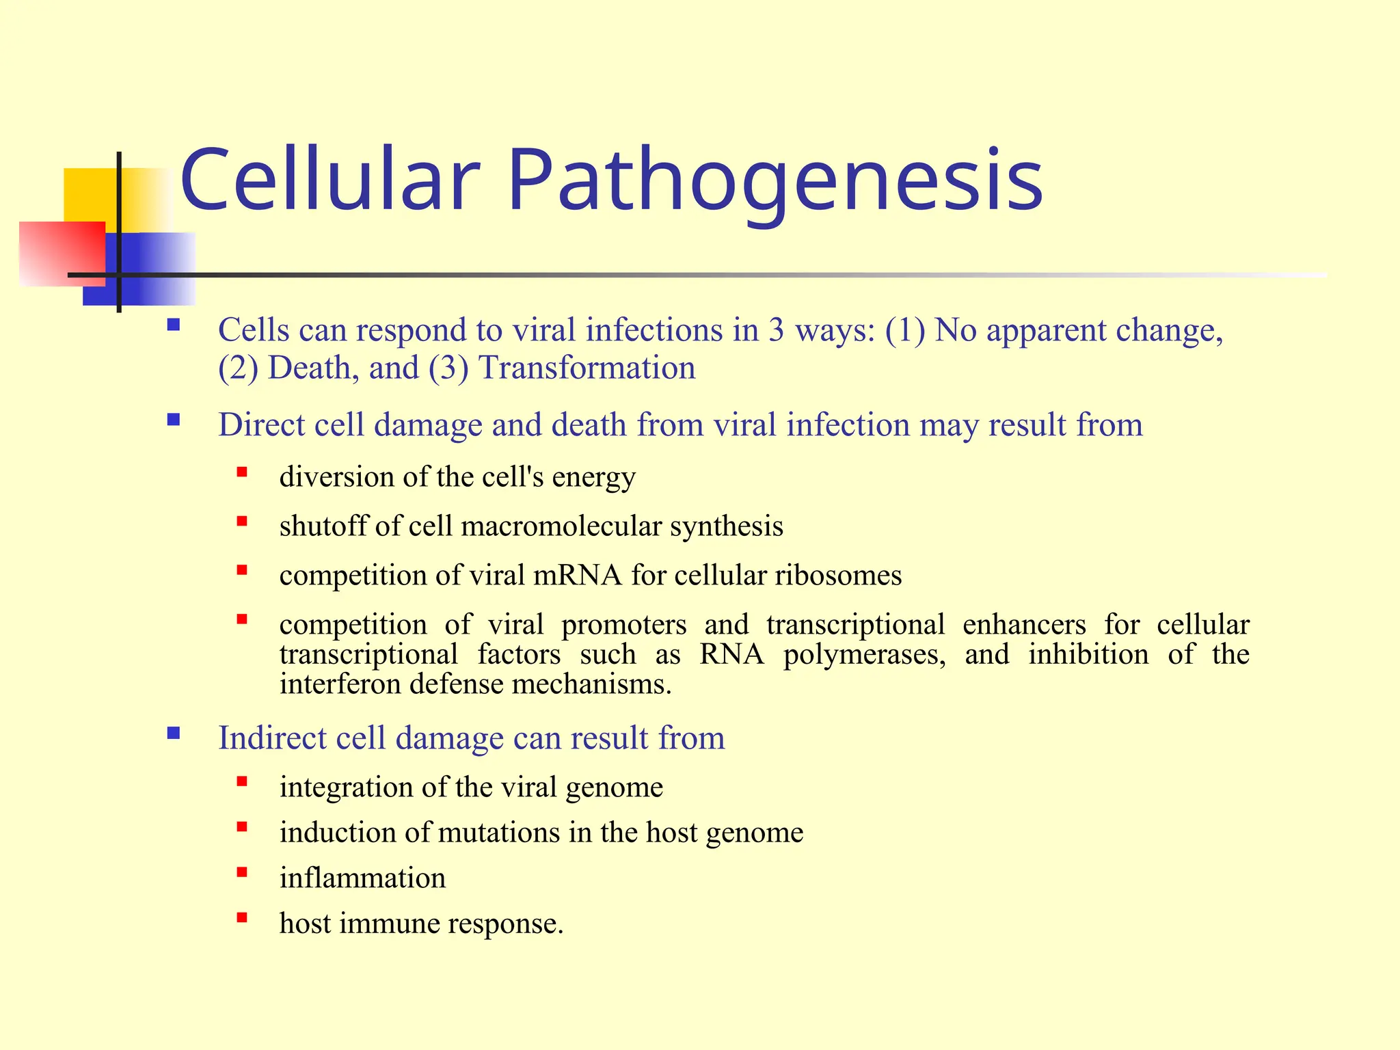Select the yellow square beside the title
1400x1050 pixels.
[x=89, y=195]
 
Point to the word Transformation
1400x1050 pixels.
[x=587, y=368]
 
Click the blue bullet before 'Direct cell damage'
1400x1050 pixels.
[x=174, y=420]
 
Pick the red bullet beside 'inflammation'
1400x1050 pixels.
[x=242, y=872]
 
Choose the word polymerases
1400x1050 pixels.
[x=864, y=655]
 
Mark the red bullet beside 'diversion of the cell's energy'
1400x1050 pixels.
[x=242, y=472]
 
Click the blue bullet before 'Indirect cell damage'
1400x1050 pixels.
[x=174, y=733]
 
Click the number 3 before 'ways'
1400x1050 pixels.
[x=775, y=330]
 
